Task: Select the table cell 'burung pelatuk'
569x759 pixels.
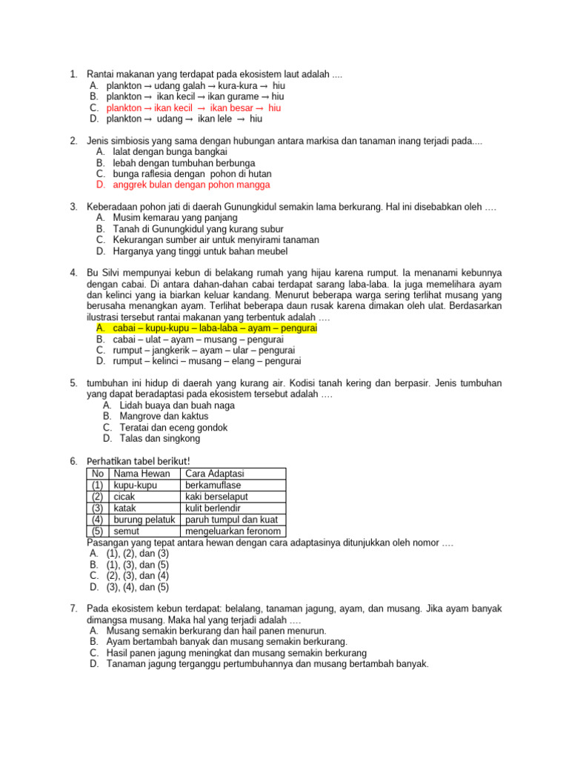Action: coord(144,520)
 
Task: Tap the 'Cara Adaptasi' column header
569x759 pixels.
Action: coord(215,474)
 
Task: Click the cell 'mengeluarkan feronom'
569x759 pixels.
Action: coord(233,531)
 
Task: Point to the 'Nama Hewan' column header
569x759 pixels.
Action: coord(142,474)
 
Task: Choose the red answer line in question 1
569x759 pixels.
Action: coord(193,107)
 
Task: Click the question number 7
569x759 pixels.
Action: coord(74,609)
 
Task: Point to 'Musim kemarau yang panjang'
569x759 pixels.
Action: coord(176,218)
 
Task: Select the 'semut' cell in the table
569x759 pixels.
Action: coord(127,531)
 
